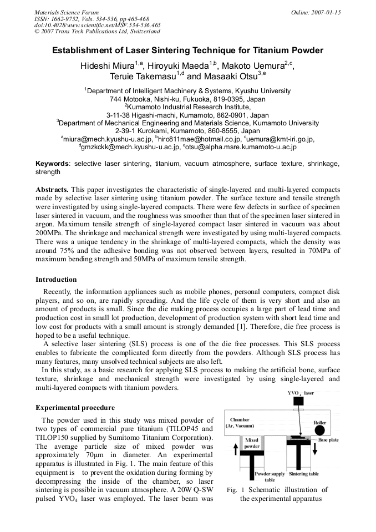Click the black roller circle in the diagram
pyautogui.click(x=319, y=431)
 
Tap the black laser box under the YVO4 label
pyautogui.click(x=299, y=401)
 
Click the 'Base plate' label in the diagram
pyautogui.click(x=330, y=439)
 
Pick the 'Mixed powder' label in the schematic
pyautogui.click(x=252, y=443)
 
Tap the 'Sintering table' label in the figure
pyautogui.click(x=303, y=474)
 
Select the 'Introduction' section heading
pyautogui.click(x=56, y=279)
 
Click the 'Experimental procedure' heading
pyautogui.click(x=75, y=408)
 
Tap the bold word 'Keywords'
pyautogui.click(x=52, y=164)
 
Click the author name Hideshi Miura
pyautogui.click(x=106, y=66)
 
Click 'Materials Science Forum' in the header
pyautogui.click(x=67, y=12)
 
